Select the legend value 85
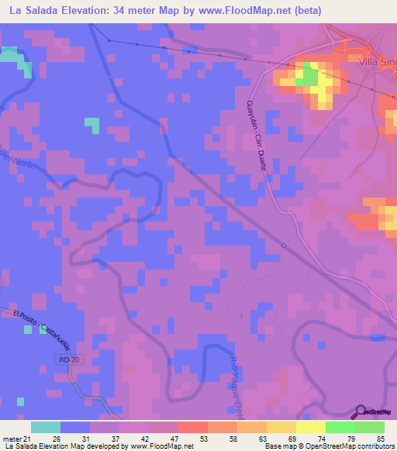pos(379,439)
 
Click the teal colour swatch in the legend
pos(46,427)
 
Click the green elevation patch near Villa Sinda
pos(309,76)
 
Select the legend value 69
pos(288,439)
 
